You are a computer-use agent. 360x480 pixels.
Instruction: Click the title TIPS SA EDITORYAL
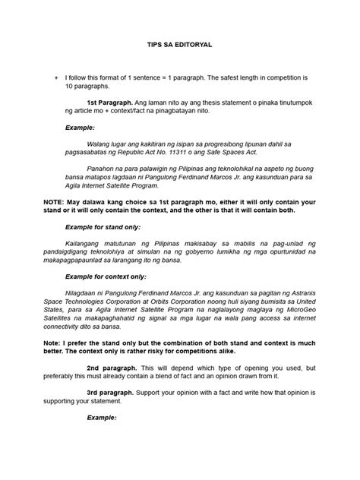click(179, 46)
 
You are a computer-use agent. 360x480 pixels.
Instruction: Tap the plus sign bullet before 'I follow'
click(55, 77)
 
